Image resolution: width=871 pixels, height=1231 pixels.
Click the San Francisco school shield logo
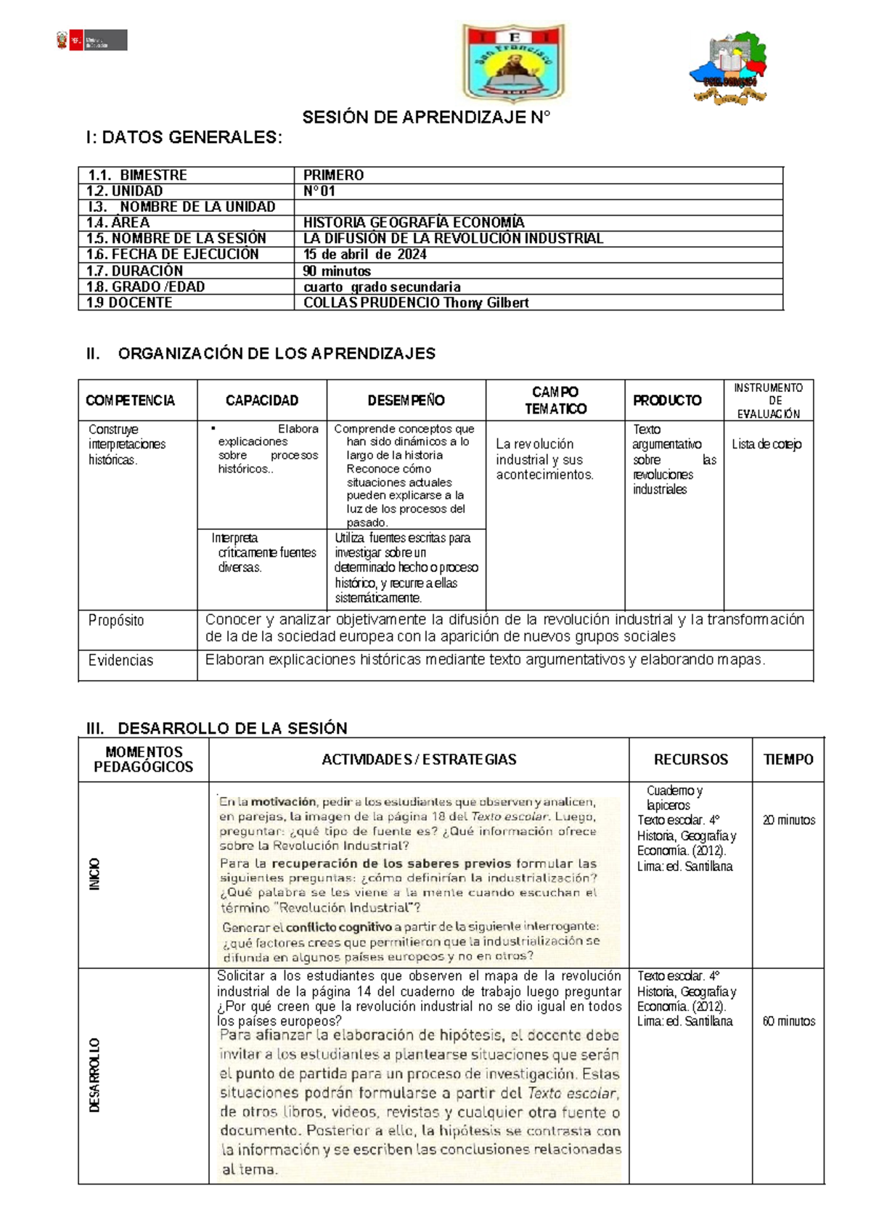click(513, 63)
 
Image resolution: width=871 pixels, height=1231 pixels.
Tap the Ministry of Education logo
click(92, 41)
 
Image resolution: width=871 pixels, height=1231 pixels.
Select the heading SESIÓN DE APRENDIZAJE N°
click(426, 118)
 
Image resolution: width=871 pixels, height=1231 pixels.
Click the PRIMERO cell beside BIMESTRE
click(334, 175)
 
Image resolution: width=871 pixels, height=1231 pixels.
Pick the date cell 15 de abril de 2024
click(365, 254)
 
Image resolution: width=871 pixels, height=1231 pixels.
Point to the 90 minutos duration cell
click(338, 271)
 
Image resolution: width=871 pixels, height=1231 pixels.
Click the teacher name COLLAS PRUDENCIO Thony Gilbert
click(416, 303)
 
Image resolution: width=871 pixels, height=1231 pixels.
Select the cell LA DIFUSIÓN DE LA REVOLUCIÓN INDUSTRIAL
click(453, 238)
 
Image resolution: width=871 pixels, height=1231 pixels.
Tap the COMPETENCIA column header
click(131, 401)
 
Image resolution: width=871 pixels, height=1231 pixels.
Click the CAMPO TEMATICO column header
click(555, 401)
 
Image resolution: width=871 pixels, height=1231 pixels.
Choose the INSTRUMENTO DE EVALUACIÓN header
click(769, 401)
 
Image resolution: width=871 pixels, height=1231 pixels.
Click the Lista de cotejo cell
click(766, 444)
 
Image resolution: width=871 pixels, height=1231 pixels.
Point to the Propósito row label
click(116, 621)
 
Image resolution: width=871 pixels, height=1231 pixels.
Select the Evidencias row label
click(120, 661)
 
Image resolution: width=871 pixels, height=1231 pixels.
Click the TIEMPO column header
click(788, 760)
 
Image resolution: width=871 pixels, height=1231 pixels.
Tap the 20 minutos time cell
click(788, 820)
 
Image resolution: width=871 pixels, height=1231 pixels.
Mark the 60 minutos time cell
click(788, 1021)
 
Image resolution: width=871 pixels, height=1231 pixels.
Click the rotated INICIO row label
click(94, 875)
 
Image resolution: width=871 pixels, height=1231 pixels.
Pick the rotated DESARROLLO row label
click(94, 1076)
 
